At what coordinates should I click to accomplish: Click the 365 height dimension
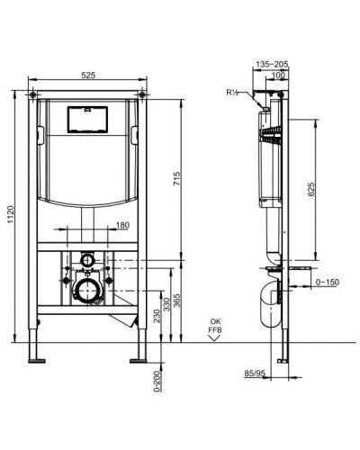click(x=178, y=300)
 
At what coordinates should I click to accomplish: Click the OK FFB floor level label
click(x=213, y=325)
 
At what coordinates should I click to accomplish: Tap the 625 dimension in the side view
click(x=311, y=191)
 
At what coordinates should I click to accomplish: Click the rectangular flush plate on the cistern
click(x=89, y=119)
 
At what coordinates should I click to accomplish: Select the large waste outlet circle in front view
click(x=87, y=289)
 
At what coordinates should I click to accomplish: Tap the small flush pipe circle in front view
click(x=87, y=260)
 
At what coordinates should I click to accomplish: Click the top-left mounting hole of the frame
click(x=33, y=93)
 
